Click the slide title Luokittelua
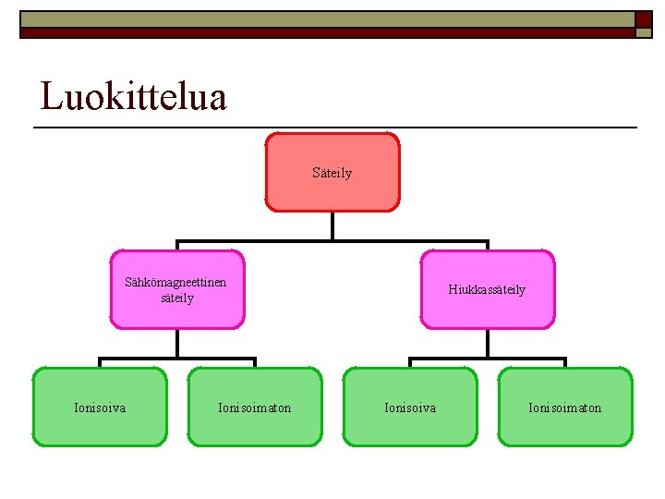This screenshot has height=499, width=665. pyautogui.click(x=134, y=96)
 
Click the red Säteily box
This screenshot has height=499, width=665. pyautogui.click(x=332, y=173)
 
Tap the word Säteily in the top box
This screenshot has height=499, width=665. pyautogui.click(x=332, y=173)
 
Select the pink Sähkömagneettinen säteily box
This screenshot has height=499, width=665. pyautogui.click(x=177, y=289)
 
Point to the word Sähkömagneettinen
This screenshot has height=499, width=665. pyautogui.click(x=175, y=283)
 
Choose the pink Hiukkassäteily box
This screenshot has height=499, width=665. pyautogui.click(x=488, y=289)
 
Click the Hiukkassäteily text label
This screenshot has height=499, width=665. pyautogui.click(x=488, y=289)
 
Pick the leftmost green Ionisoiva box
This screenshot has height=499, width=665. pyautogui.click(x=100, y=408)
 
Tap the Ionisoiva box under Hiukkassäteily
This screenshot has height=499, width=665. pyautogui.click(x=411, y=408)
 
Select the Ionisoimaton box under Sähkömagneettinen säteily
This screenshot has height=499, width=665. pyautogui.click(x=255, y=408)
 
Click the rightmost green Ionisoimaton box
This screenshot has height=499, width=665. pyautogui.click(x=565, y=408)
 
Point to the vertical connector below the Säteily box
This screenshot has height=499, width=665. pyautogui.click(x=332, y=226)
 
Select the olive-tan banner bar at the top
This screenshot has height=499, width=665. pyautogui.click(x=323, y=19)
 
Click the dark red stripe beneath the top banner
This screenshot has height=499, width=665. pyautogui.click(x=323, y=32)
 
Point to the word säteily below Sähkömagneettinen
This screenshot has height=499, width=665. pyautogui.click(x=177, y=298)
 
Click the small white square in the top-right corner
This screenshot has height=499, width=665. pyautogui.click(x=644, y=33)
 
